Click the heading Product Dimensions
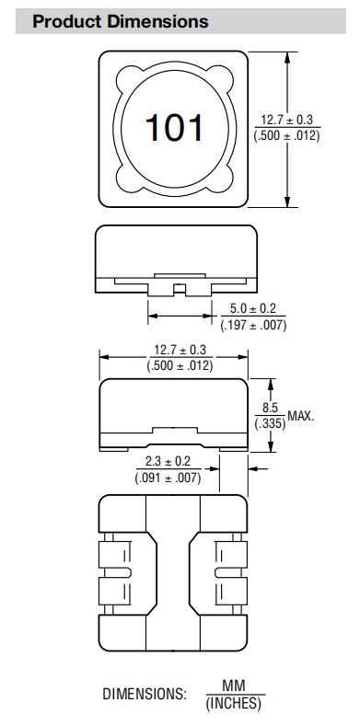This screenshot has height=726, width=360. coord(121,21)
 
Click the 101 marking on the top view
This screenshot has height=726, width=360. coord(174,128)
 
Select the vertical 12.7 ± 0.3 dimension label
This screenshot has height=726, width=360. coord(286,120)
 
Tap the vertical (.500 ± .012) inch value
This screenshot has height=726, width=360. coord(286,136)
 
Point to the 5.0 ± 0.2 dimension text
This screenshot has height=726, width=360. coord(253,308)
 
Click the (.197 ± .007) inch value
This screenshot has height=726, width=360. coord(253,325)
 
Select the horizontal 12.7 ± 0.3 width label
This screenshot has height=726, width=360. coord(180,349)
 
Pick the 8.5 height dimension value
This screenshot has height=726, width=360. coord(270,408)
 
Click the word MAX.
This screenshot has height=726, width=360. coord(301,415)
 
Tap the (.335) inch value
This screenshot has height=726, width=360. coord(270,423)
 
